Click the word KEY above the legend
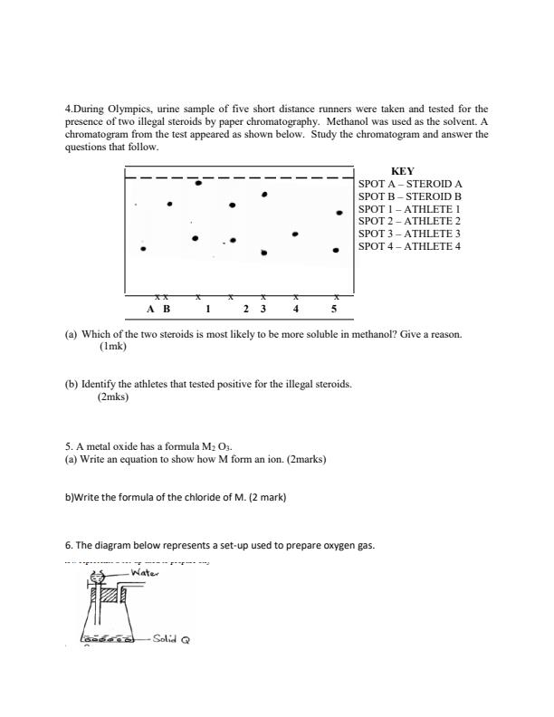402,171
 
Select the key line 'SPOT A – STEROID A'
410,183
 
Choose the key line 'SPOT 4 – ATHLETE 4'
409,246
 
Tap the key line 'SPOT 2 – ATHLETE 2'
409,221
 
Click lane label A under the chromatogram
150,309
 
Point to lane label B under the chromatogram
166,309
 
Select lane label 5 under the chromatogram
333,309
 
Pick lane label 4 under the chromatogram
295,309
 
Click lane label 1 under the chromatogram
207,309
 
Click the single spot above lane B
169,204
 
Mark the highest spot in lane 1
199,183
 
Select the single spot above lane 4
295,234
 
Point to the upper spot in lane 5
339,213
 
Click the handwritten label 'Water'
146,573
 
